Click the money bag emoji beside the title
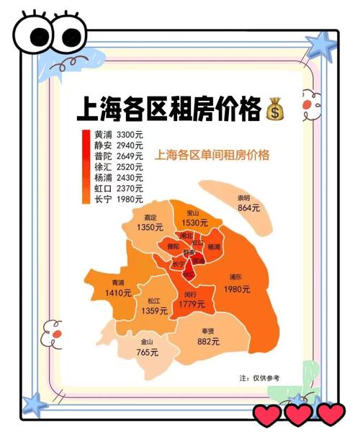(274, 111)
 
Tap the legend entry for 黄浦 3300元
(118, 135)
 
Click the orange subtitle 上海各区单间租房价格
(212, 155)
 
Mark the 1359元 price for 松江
(154, 310)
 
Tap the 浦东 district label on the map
(236, 277)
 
